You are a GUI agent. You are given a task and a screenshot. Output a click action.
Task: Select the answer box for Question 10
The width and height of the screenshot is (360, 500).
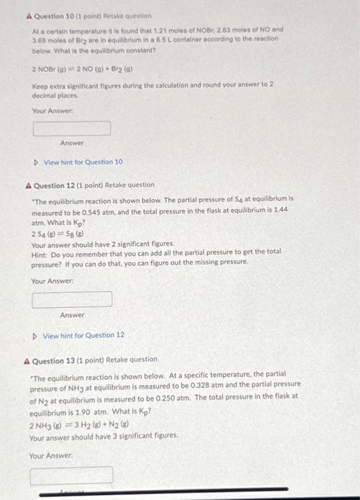[x=71, y=129]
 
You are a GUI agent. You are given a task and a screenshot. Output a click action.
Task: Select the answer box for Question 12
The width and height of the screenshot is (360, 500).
[x=71, y=299]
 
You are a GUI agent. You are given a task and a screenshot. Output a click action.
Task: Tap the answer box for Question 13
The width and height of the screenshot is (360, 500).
[x=71, y=474]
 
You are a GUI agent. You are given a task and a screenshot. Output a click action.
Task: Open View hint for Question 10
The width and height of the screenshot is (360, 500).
[x=83, y=162]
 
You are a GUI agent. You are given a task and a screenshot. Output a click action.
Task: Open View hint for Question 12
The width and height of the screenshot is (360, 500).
[x=83, y=335]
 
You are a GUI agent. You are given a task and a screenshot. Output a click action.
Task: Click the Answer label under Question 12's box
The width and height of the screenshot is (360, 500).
[x=72, y=315]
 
